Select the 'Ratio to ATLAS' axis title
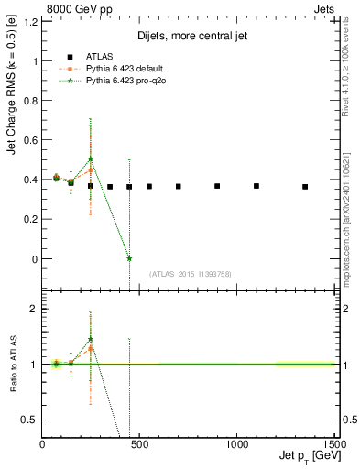click(x=12, y=364)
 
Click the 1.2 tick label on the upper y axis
click(x=29, y=22)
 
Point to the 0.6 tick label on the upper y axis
click(x=29, y=140)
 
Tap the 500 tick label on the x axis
click(x=139, y=443)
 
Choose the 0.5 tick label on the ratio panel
click(x=29, y=420)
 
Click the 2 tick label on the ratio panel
click(x=34, y=309)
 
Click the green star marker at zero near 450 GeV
click(x=129, y=258)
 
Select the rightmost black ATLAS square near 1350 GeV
click(x=305, y=187)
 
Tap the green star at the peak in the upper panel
click(x=91, y=158)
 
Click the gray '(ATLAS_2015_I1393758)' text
click(x=190, y=273)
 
